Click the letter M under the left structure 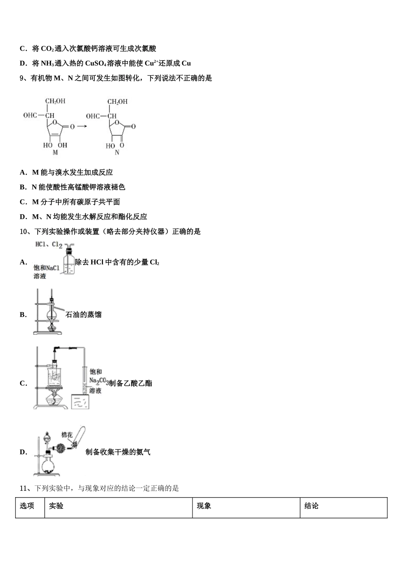55,153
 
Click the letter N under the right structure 117,153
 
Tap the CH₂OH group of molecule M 55,101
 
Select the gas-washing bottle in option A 69,262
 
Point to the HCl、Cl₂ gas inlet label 48,245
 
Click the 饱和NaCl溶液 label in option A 46,272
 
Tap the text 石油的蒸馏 83,315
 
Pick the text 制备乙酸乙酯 131,383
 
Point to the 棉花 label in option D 67,435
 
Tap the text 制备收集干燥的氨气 118,452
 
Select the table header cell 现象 204,506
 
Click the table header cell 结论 311,506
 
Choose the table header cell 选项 27,506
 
